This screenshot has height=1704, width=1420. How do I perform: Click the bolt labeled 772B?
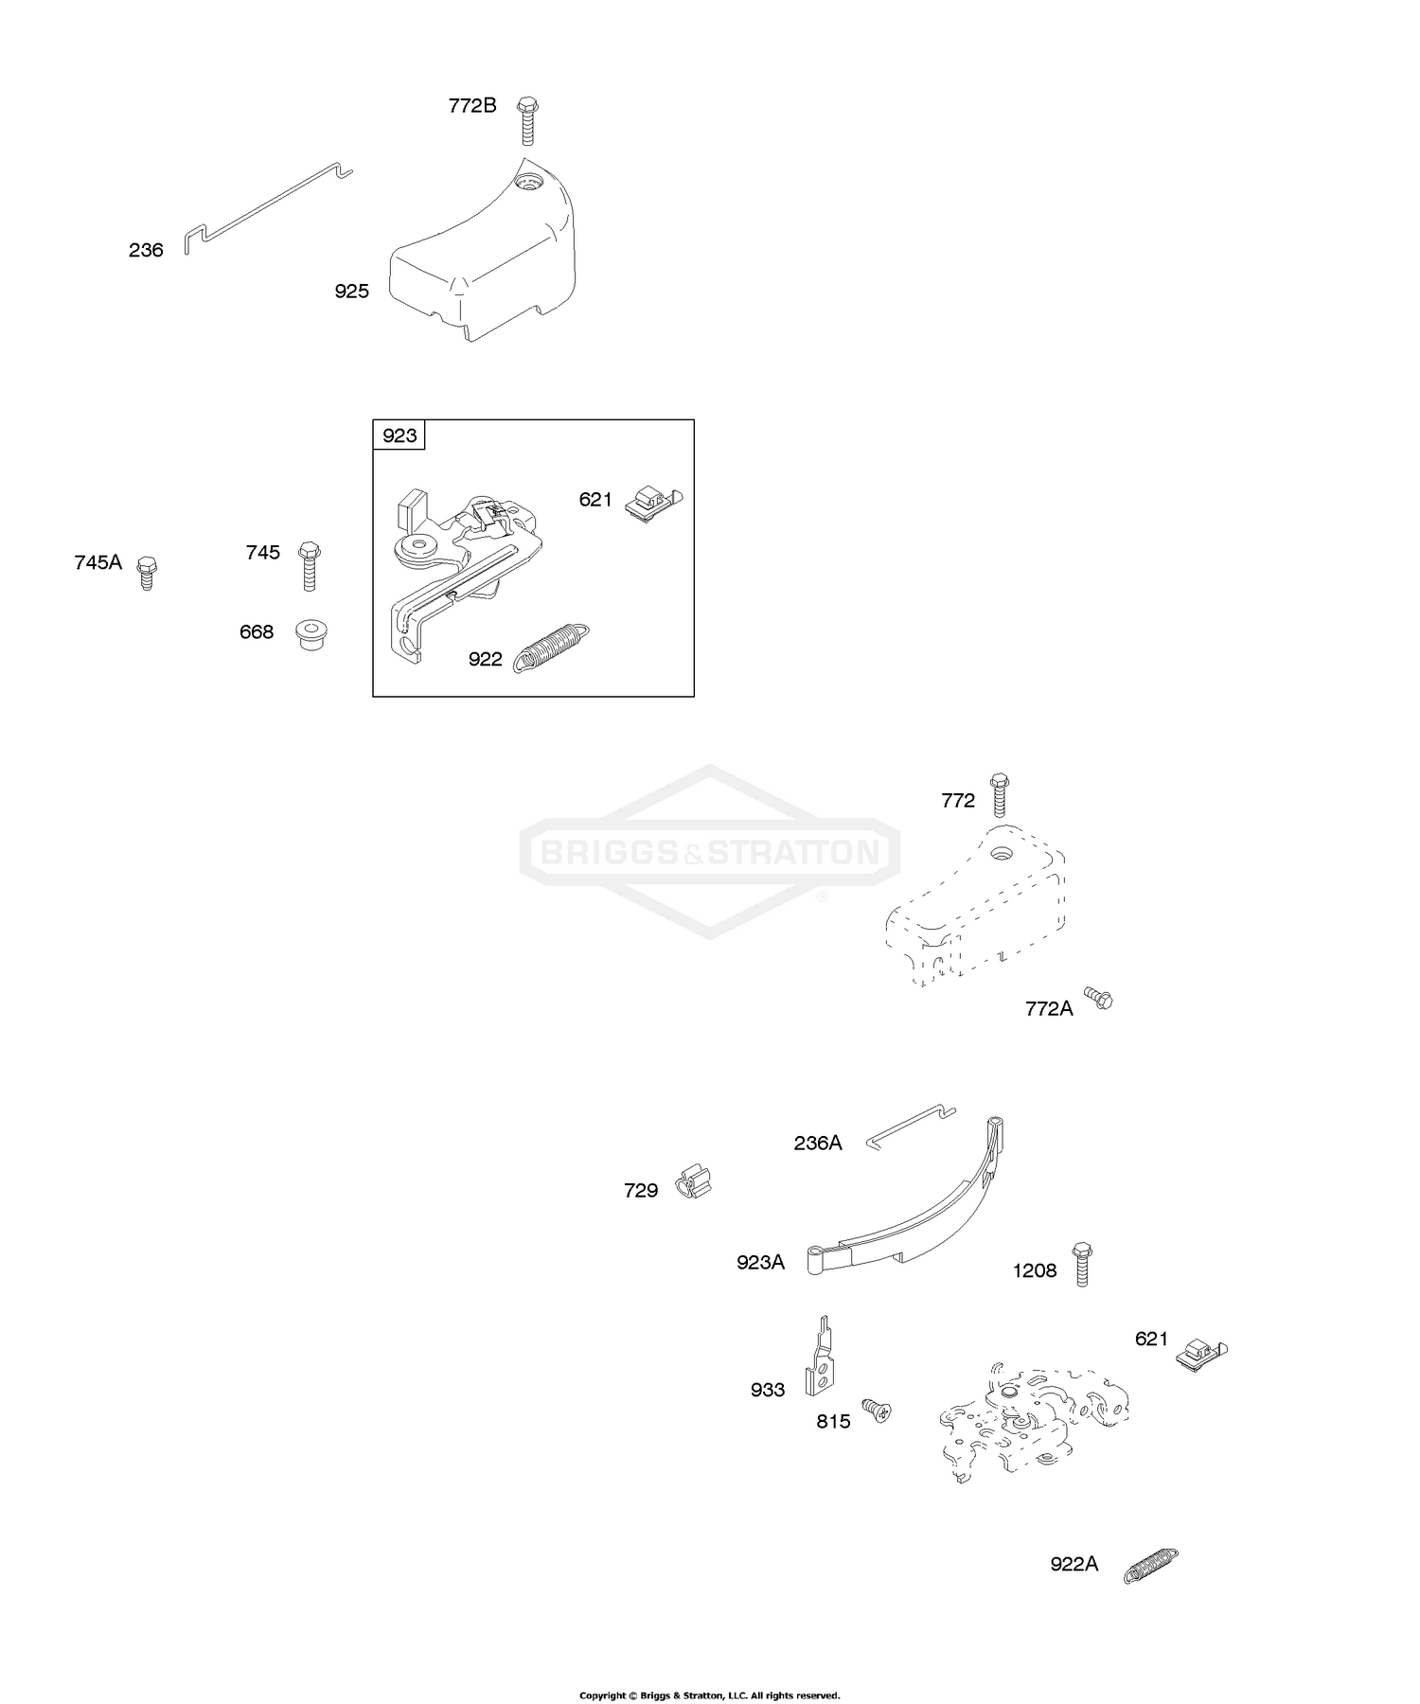(x=527, y=120)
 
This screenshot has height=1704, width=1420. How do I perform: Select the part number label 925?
(x=351, y=292)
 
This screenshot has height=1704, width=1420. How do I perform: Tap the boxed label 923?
(x=399, y=435)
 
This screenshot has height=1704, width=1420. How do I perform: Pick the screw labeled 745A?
(x=146, y=573)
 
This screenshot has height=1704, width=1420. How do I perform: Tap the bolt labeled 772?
(x=999, y=795)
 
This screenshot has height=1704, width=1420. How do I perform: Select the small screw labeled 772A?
(x=1099, y=999)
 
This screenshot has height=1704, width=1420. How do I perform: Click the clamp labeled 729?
(x=694, y=1182)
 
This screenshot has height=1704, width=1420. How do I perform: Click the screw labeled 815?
(x=877, y=1412)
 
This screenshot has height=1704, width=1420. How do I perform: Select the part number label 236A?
(x=818, y=1144)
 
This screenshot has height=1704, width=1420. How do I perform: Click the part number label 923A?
(x=761, y=1262)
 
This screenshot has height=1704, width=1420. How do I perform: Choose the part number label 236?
(x=146, y=250)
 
